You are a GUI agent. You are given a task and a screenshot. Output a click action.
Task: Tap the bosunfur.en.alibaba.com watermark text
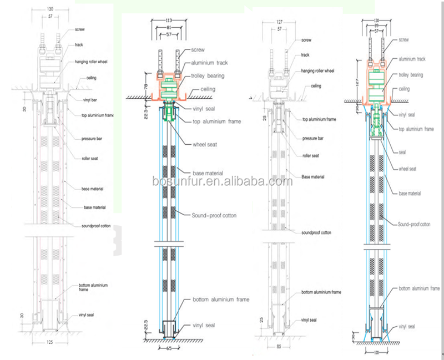coord(222,181)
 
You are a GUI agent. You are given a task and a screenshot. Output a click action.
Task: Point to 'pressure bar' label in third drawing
coord(313,138)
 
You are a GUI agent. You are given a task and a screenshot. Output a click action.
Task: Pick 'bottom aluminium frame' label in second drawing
coord(221,300)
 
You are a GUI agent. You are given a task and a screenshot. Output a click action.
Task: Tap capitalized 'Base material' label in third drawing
coord(313,176)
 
